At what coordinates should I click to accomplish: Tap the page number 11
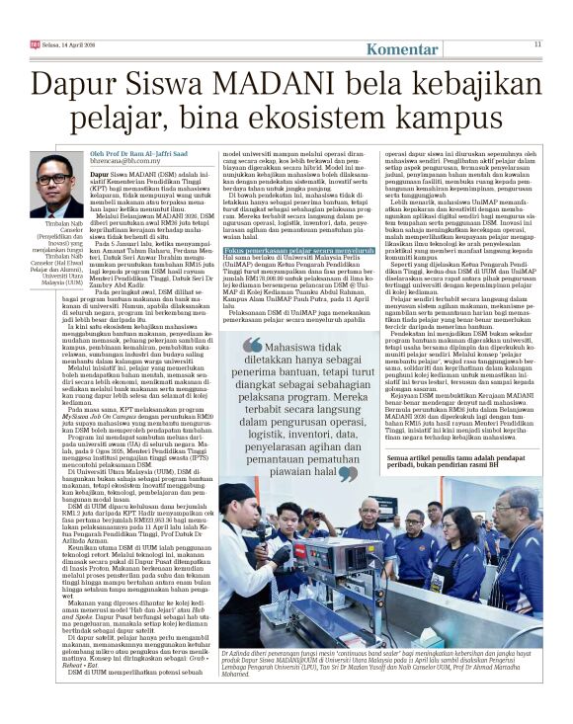point(537,43)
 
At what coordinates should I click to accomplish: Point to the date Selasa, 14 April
point(60,44)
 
